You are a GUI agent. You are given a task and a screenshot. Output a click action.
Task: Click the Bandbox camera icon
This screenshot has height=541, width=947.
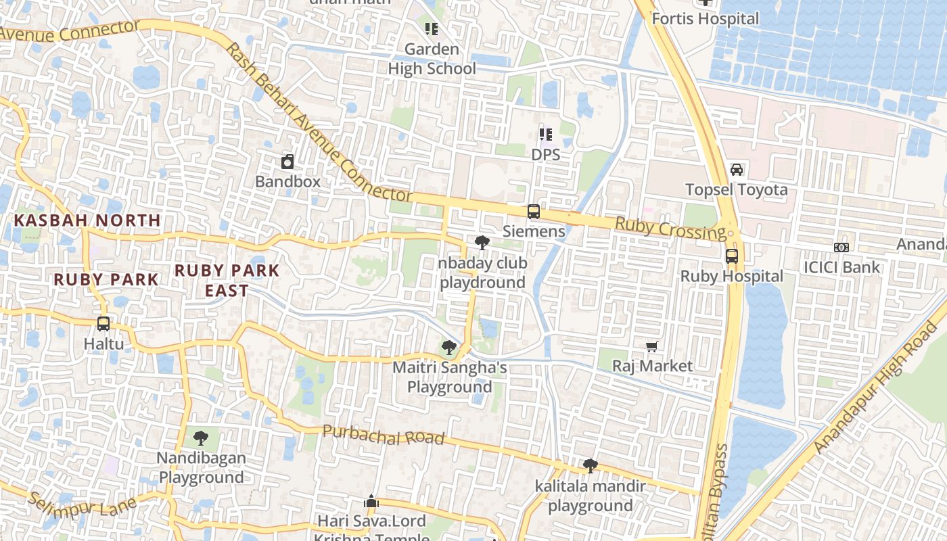287,162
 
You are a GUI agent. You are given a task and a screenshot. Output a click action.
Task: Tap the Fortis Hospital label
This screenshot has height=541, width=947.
706,18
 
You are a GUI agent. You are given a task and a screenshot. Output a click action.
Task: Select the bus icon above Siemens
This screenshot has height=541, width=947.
534,212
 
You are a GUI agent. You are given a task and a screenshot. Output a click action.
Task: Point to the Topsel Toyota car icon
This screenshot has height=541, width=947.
737,169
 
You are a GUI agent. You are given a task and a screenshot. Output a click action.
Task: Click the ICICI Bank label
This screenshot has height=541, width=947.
841,267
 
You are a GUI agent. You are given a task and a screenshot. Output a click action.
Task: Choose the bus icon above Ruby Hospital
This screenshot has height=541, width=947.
731,256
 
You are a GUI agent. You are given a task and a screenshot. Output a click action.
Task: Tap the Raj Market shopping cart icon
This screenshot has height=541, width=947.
651,346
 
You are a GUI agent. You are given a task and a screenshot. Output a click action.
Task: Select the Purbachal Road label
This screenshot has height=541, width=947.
383,435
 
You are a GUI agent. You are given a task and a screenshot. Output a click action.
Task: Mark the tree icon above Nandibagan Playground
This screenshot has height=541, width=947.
200,438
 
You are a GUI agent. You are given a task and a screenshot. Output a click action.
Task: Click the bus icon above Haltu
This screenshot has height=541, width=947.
103,323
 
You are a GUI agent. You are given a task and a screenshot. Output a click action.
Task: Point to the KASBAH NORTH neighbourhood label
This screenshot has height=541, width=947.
87,220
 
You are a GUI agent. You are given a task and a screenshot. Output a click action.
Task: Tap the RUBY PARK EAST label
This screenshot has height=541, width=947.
227,280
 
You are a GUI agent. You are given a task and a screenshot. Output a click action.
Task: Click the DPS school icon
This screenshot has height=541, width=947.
545,135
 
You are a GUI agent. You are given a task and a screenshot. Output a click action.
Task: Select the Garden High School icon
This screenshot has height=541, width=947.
432,29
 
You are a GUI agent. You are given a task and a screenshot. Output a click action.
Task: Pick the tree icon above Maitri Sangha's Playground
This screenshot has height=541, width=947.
448,348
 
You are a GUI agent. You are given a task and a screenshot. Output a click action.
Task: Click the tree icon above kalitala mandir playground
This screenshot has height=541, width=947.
590,466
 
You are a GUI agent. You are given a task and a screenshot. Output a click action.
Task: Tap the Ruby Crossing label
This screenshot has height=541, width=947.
669,228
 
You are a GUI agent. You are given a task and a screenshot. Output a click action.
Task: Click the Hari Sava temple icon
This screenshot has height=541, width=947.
371,501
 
